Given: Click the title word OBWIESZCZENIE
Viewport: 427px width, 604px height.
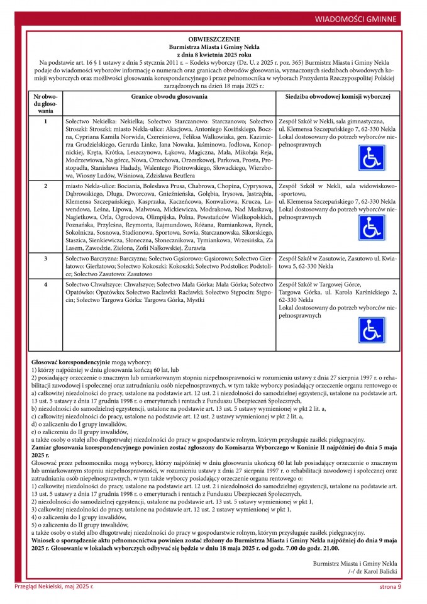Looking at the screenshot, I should pos(214,40).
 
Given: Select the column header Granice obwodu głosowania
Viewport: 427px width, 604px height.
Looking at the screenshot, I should pos(169,97).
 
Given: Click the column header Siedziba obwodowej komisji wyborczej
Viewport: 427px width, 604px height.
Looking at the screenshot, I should pos(338,97).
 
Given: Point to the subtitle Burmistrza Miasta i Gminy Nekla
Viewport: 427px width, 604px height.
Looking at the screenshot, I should pos(214,47).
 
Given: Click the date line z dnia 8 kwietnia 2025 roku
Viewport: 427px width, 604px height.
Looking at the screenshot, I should pos(214,55).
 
